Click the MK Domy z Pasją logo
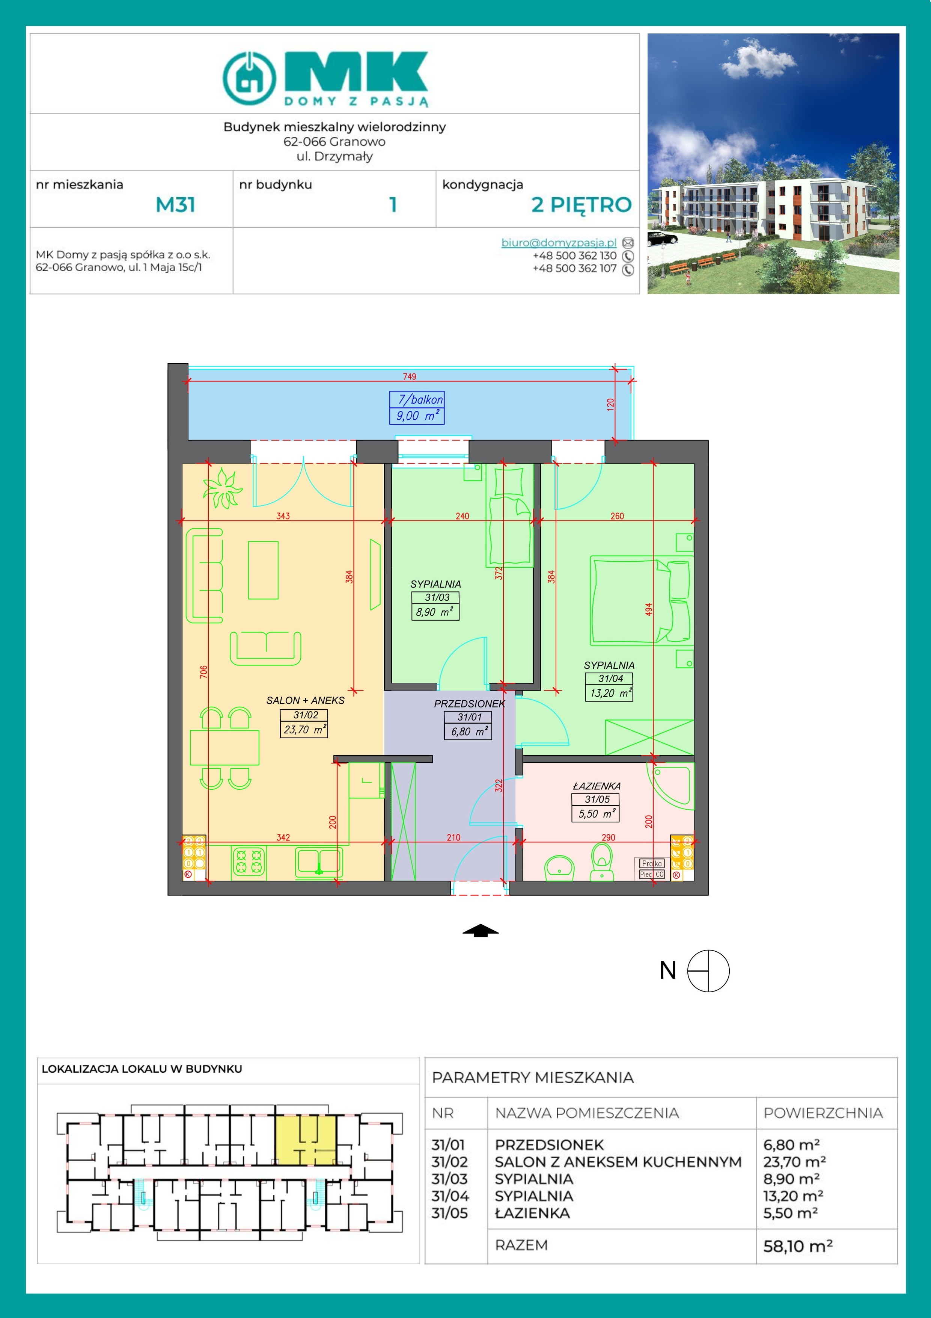325,79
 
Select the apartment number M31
176,205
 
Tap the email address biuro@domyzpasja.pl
559,242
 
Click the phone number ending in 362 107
574,268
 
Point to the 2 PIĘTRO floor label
581,205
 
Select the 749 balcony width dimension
409,376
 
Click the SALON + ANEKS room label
305,700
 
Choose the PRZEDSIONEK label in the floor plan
469,704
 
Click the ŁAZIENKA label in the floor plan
597,786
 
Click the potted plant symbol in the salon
222,488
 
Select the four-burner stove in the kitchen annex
249,863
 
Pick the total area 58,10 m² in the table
797,1246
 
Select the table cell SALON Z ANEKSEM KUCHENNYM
618,1162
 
